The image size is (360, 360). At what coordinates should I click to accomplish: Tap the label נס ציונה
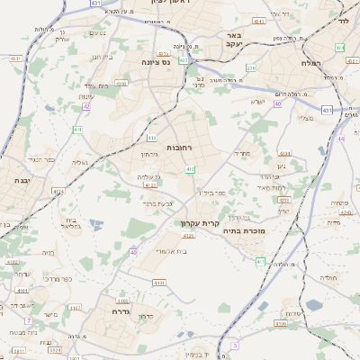pos(156,62)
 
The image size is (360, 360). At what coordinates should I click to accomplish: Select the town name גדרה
pos(117,312)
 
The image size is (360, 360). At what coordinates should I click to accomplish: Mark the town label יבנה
pos(20,181)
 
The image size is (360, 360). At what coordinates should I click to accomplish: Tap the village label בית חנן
pos(101,56)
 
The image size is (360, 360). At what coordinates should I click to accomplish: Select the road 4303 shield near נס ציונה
pos(183,60)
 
